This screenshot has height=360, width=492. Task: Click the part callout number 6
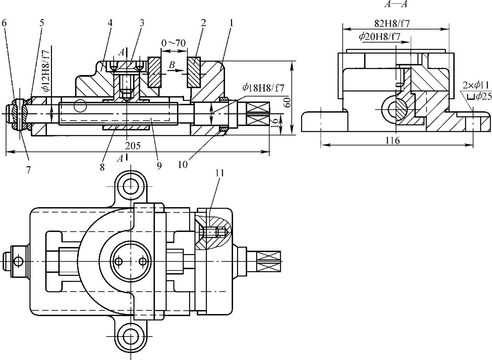[x=4, y=23]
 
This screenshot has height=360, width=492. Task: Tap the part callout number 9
[x=159, y=165]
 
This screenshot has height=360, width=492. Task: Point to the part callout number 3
[x=142, y=23]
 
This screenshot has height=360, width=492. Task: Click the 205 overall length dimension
[x=133, y=146]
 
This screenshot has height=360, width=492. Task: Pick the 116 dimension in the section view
[x=392, y=140]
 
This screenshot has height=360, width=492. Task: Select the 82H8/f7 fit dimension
[x=392, y=23]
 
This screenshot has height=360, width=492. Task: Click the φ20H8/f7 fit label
[x=379, y=37]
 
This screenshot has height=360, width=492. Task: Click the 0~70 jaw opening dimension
[x=173, y=43]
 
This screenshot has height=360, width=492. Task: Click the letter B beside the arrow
[x=172, y=65]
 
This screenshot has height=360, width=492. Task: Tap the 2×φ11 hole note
[x=476, y=85]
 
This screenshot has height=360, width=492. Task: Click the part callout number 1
[x=231, y=23]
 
